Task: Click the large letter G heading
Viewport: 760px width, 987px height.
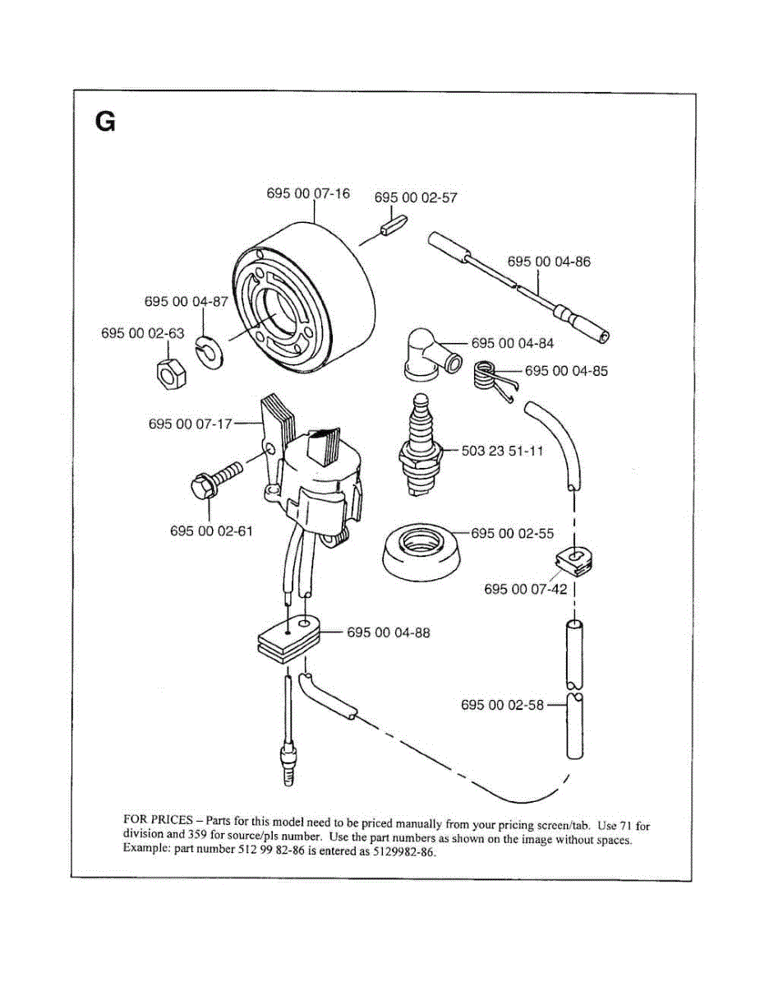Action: pos(105,123)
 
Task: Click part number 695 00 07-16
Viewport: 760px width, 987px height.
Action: pos(308,194)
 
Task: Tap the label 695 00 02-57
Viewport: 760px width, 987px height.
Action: pos(416,198)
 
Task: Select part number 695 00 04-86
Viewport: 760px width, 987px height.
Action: pos(549,262)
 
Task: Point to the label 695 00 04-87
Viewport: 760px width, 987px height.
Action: pos(186,302)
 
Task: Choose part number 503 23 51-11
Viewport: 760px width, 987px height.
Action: pos(502,452)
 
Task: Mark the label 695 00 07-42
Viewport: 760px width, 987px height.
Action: pos(526,589)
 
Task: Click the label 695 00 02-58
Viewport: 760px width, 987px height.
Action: pos(503,705)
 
